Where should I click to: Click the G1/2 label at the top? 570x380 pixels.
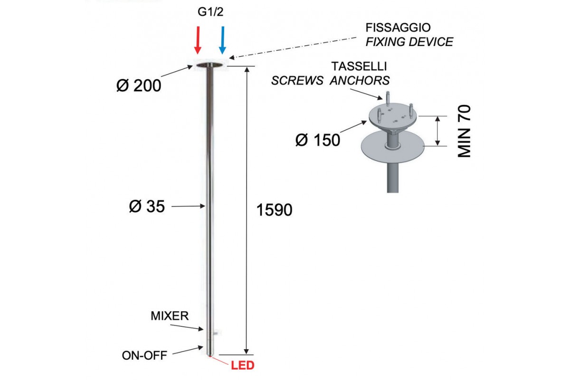pyautogui.click(x=210, y=12)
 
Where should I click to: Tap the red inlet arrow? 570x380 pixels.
pyautogui.click(x=198, y=40)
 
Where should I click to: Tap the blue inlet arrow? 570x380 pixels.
pyautogui.click(x=223, y=40)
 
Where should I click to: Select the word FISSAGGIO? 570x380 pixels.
pyautogui.click(x=398, y=28)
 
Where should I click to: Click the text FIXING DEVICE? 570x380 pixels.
pyautogui.click(x=409, y=42)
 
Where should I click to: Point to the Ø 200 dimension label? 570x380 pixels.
pyautogui.click(x=139, y=85)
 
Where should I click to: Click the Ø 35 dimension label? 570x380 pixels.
pyautogui.click(x=147, y=206)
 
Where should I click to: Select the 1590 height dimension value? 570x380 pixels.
pyautogui.click(x=275, y=210)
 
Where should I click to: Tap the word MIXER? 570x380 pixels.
pyautogui.click(x=170, y=316)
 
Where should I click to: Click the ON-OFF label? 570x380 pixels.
pyautogui.click(x=144, y=356)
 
